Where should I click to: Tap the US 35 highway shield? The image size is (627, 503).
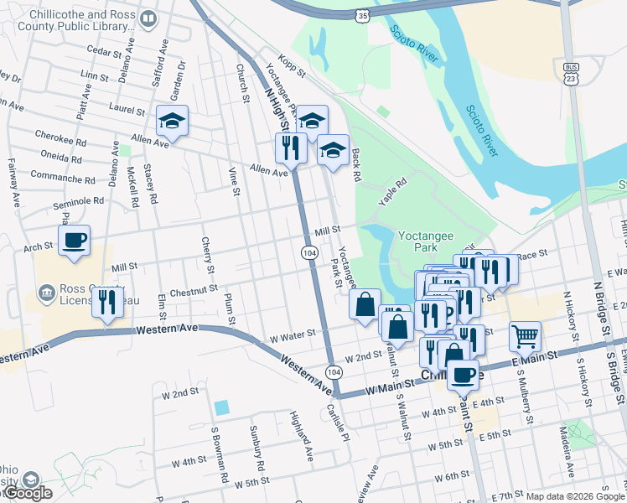[361, 15]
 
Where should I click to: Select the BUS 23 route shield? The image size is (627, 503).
[571, 73]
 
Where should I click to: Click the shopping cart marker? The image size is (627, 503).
[525, 335]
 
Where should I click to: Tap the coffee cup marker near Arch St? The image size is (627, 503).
[75, 241]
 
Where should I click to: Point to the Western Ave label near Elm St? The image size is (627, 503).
[175, 328]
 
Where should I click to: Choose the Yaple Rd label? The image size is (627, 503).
[391, 192]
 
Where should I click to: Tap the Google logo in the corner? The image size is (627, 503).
[28, 493]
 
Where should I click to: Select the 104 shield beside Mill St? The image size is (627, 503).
[308, 251]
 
